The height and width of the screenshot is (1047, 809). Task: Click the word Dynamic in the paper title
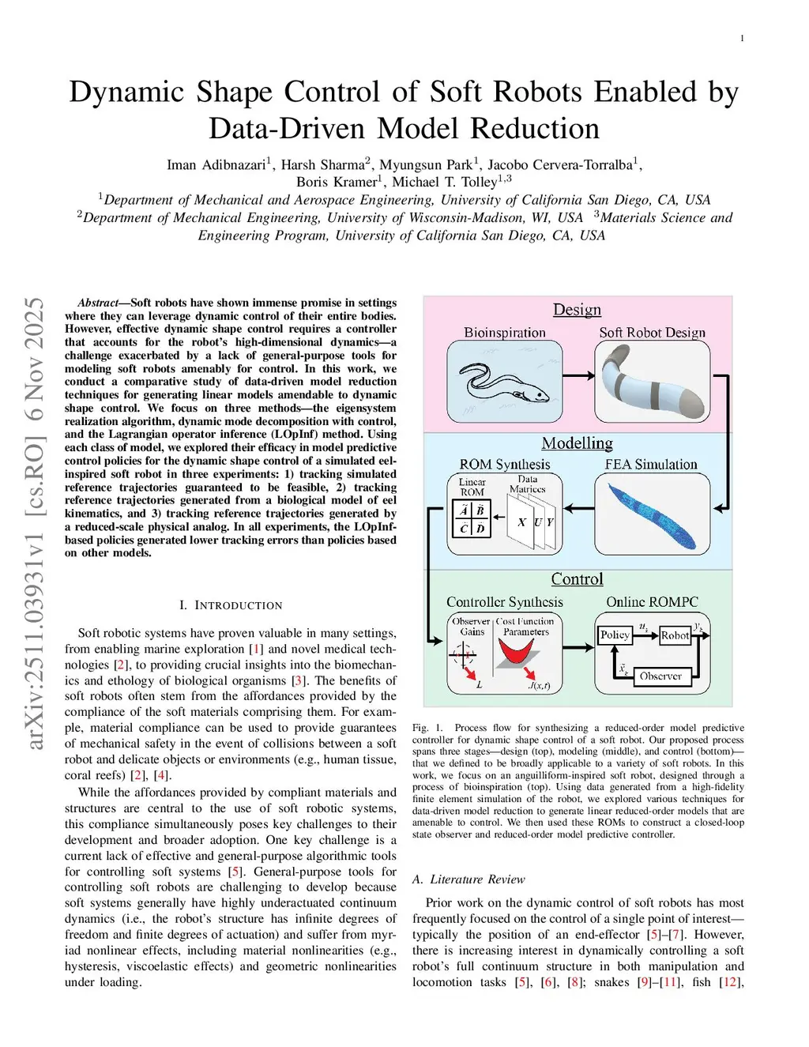tap(127, 92)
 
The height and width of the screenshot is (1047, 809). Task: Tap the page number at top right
tap(742, 38)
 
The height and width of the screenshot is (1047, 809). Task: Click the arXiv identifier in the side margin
tap(34, 523)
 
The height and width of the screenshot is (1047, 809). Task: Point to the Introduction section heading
tap(231, 605)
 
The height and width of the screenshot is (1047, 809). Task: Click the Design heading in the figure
tap(577, 310)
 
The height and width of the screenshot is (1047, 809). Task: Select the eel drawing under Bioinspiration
tap(504, 382)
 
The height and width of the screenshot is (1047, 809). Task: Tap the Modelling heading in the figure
tap(577, 444)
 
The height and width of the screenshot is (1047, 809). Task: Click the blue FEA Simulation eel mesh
tap(652, 514)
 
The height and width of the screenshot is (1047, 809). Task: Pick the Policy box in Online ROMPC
tap(615, 635)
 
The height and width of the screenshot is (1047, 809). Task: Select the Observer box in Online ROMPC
tap(660, 676)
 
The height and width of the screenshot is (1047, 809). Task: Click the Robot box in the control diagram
tap(675, 635)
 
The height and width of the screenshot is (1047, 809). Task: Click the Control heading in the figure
tap(577, 579)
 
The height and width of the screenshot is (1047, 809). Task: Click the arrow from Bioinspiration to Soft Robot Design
tap(579, 377)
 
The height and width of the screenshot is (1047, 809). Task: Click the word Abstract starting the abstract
tap(98, 303)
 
